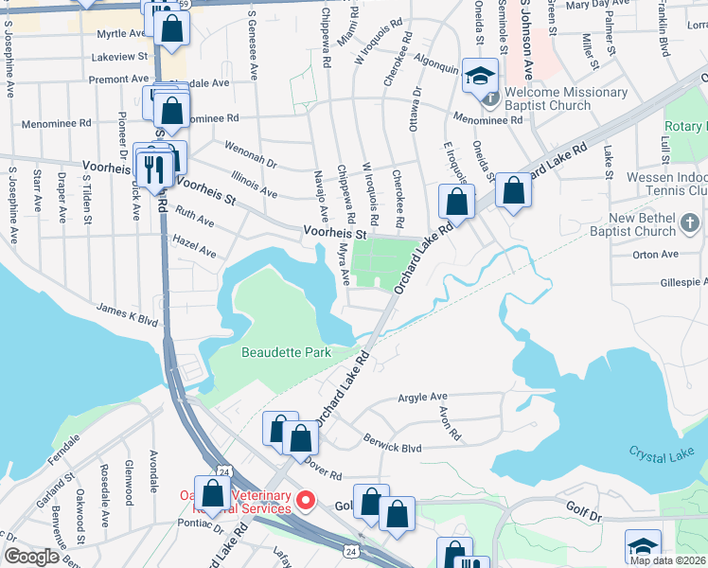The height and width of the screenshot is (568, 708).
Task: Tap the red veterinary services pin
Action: click(x=305, y=500)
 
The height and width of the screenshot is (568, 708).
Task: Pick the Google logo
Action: click(x=32, y=557)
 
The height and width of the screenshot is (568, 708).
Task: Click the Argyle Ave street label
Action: click(x=422, y=397)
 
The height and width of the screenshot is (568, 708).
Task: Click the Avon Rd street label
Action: click(x=450, y=423)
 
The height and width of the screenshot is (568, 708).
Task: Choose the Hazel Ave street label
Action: click(x=193, y=253)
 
